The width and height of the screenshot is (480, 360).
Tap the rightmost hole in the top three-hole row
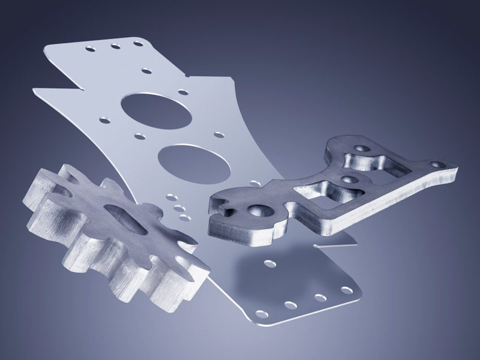point(137,43)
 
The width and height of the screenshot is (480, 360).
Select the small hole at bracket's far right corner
point(440,163)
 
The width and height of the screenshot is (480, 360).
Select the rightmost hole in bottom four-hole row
point(347,290)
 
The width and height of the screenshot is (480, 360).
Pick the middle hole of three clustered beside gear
point(177,208)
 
